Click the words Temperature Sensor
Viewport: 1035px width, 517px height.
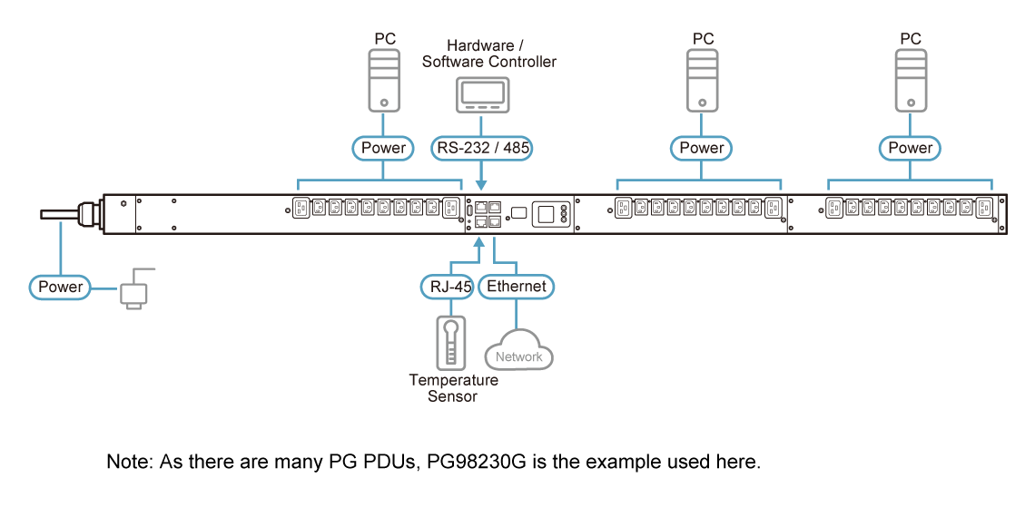point(452,388)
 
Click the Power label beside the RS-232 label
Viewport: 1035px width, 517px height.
point(384,148)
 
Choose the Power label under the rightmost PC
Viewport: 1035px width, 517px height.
point(910,148)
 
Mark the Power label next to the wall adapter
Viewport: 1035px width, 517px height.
point(61,288)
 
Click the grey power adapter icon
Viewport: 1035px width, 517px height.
point(133,293)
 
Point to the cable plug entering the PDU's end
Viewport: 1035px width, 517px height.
point(87,215)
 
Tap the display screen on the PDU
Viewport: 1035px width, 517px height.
point(547,214)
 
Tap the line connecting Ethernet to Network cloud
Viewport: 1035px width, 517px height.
point(517,317)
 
